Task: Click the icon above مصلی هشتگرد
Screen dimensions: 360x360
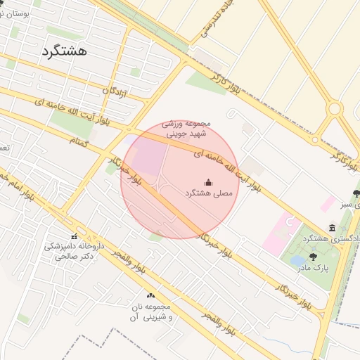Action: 207,181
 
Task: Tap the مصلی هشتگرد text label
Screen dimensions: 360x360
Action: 207,193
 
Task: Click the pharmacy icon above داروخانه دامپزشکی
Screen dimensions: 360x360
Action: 74,236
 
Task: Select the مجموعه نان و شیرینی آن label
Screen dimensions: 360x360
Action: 150,312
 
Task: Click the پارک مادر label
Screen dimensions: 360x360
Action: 312,268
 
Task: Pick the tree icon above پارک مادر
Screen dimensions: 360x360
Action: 313,257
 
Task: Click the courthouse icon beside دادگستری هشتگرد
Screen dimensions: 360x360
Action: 331,228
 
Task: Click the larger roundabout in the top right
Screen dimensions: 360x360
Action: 335,109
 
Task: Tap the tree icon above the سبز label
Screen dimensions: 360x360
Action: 356,193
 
